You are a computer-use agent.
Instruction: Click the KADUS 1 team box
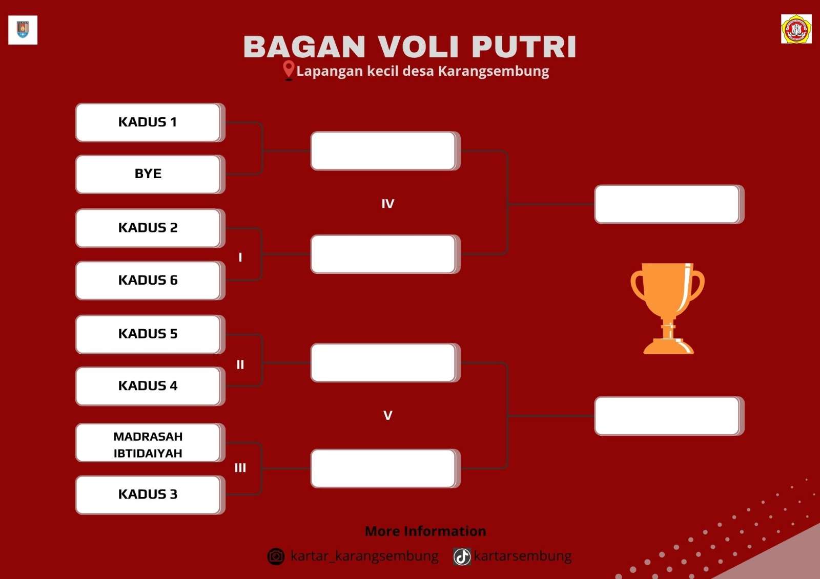click(x=150, y=122)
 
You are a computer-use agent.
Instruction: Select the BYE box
click(x=150, y=174)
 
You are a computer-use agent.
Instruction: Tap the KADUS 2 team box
click(x=150, y=228)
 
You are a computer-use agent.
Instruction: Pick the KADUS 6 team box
click(x=150, y=281)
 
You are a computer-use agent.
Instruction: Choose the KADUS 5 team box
click(x=150, y=334)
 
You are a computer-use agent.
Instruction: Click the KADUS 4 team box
click(x=150, y=386)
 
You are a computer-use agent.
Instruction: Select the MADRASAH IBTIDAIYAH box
click(x=150, y=443)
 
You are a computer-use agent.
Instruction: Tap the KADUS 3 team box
click(x=150, y=495)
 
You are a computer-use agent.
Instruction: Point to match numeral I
click(x=240, y=258)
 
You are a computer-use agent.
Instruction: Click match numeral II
click(x=240, y=364)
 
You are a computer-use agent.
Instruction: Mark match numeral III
click(x=240, y=468)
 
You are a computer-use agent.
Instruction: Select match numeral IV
click(x=387, y=204)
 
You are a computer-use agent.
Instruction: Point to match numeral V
click(x=387, y=416)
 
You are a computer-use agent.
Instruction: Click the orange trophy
click(x=667, y=308)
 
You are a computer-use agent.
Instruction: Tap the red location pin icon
click(x=289, y=70)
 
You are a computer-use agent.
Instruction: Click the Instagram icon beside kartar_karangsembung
click(x=276, y=556)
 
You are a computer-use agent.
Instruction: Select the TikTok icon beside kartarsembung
click(x=462, y=556)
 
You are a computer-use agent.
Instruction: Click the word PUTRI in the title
click(x=524, y=47)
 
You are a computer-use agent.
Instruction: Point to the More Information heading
click(x=425, y=531)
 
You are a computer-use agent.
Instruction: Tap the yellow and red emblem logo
click(x=796, y=29)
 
